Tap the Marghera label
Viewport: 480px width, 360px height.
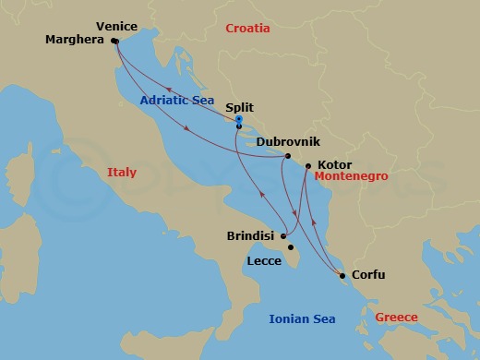click(77, 41)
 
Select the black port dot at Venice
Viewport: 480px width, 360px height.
click(114, 42)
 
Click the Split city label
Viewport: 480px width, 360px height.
click(239, 108)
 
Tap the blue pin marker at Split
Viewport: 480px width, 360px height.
click(238, 120)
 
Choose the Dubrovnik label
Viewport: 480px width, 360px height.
click(288, 142)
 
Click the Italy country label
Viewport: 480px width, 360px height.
click(121, 173)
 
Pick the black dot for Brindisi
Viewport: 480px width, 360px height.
click(284, 235)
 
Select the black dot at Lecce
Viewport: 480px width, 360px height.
click(292, 247)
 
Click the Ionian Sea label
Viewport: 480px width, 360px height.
click(302, 319)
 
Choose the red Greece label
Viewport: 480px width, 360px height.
click(396, 318)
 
